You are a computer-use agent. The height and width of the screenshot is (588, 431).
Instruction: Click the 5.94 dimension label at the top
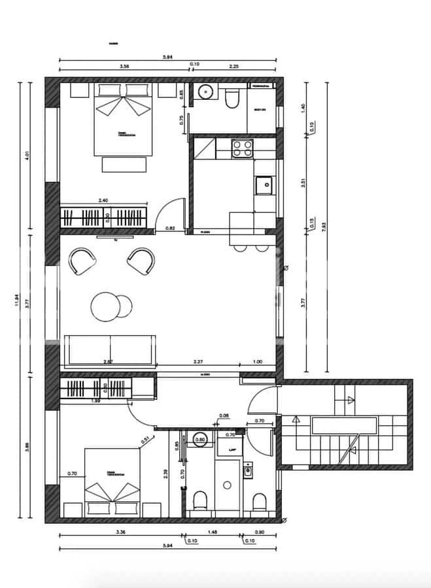click(168, 57)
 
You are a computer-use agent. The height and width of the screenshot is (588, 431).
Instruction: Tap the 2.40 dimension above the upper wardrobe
click(103, 201)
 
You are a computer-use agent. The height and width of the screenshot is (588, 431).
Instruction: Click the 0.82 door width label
click(170, 228)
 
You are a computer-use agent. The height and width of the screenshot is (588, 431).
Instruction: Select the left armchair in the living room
click(83, 261)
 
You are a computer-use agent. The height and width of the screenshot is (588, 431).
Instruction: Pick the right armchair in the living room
click(141, 261)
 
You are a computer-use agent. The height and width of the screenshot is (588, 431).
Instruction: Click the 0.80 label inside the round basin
click(202, 440)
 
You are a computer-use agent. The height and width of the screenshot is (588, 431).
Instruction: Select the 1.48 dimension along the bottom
click(213, 532)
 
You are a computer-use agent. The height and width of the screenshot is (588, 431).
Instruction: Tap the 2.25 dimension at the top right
click(233, 66)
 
